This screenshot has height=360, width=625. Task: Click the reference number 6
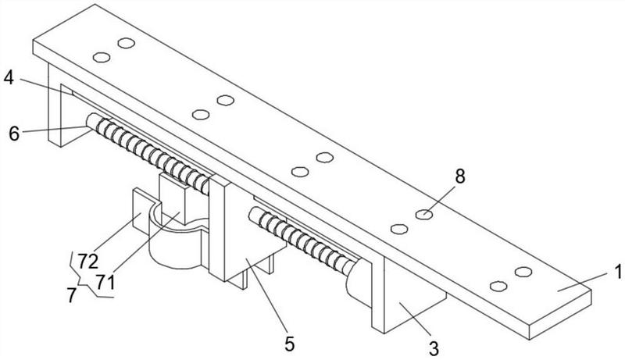[x=14, y=134]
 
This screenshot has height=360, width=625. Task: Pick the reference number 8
[x=460, y=176]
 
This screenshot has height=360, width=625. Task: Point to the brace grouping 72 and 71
[x=82, y=273]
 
